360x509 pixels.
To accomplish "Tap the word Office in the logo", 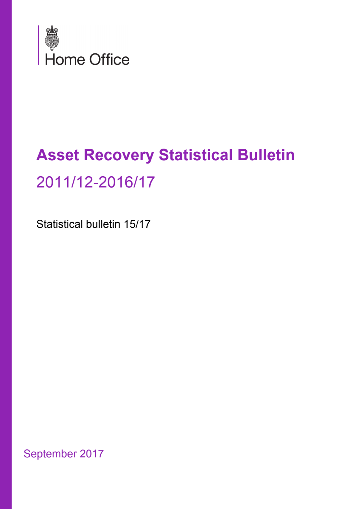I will (109, 60).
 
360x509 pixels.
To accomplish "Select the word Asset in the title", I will (58, 155).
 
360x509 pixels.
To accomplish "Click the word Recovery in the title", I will (119, 155).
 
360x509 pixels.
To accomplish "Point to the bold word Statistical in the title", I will (196, 155).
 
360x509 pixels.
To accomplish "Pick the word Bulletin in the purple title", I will (266, 155).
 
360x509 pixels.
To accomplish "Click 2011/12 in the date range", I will (65, 182).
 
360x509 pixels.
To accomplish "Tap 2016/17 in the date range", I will (127, 182).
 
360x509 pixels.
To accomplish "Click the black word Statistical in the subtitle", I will (60, 224).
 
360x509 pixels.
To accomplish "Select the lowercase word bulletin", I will (103, 224).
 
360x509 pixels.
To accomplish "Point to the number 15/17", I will (137, 224).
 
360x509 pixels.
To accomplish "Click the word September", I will (50, 454).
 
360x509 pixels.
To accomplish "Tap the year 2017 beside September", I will (92, 453).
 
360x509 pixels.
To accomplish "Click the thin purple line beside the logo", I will (39, 45).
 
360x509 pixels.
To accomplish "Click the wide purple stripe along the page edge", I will (6, 254).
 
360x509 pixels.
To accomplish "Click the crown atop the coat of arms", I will (52, 29).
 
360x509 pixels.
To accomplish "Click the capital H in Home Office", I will (49, 60).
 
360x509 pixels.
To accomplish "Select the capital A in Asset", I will (42, 155).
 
